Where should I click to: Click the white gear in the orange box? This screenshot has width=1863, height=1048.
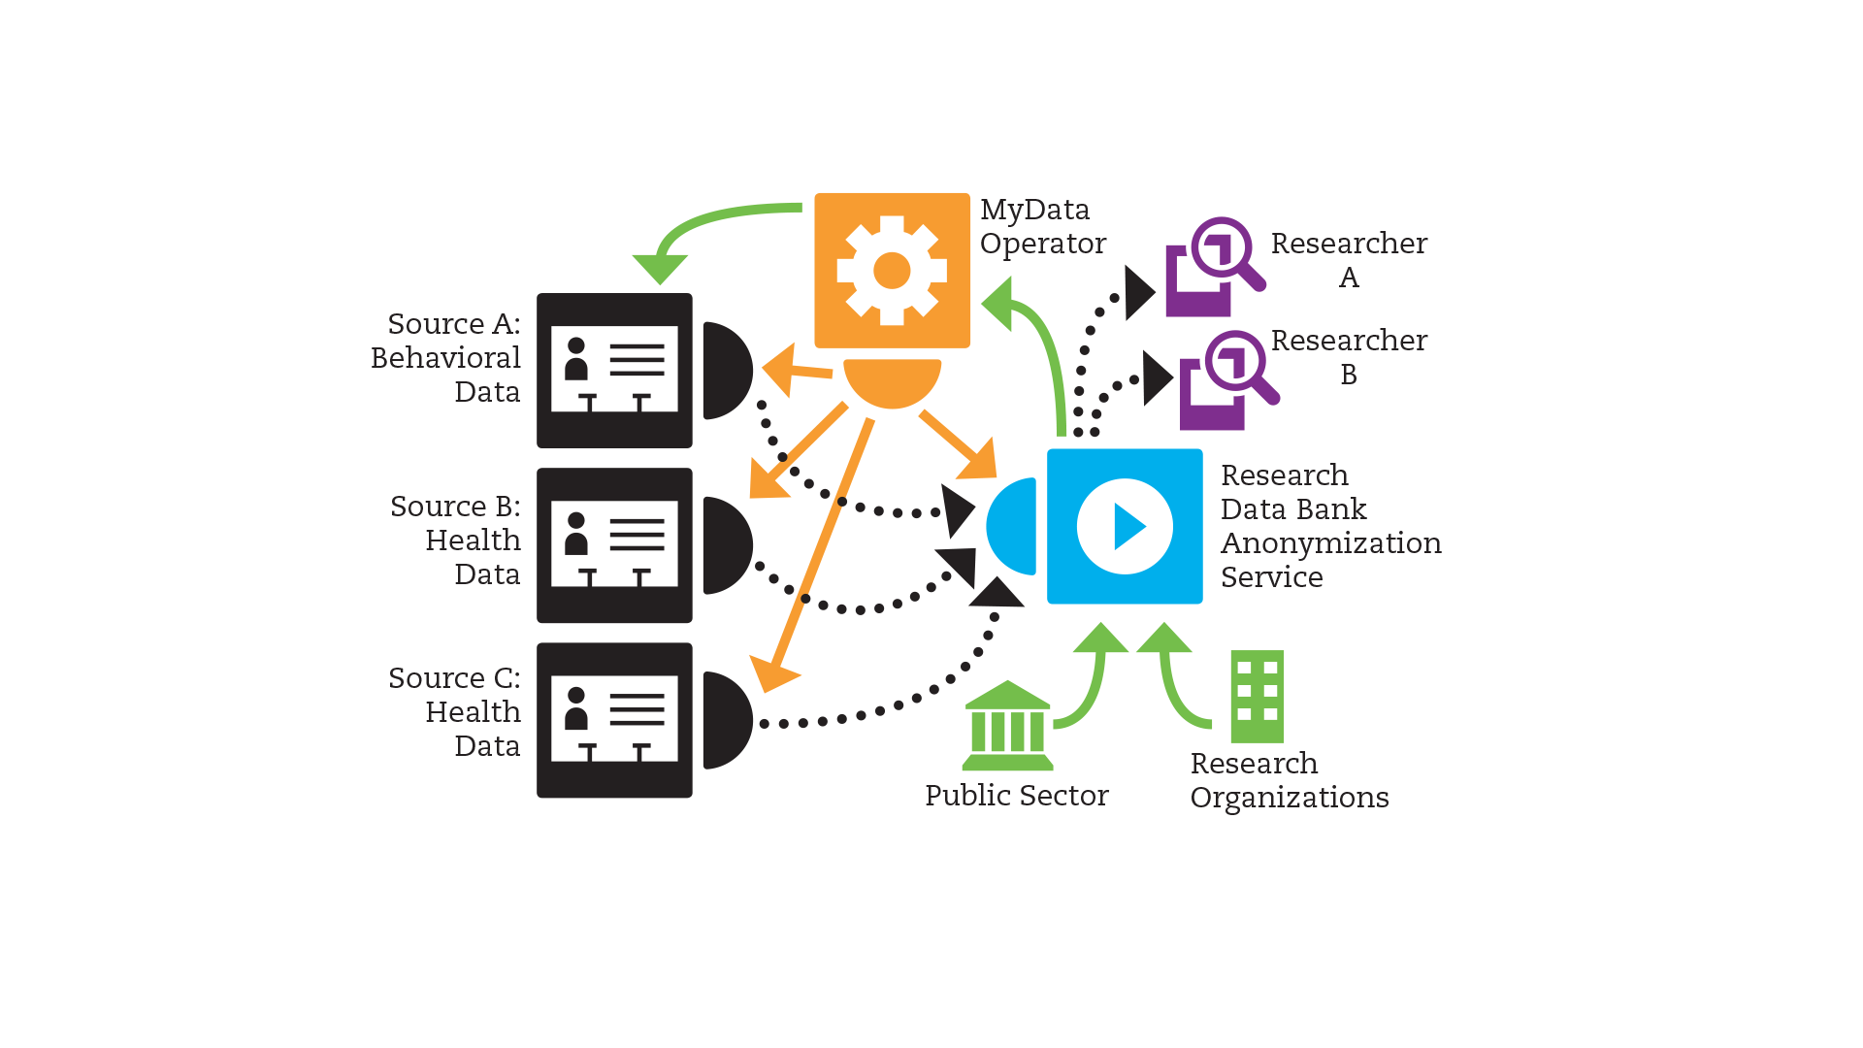click(x=892, y=271)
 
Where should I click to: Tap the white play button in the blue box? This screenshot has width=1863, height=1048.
click(x=1125, y=526)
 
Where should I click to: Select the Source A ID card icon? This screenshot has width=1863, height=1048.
click(x=614, y=370)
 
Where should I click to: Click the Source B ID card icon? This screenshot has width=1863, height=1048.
click(x=614, y=545)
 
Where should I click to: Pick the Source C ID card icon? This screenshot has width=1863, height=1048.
click(x=614, y=720)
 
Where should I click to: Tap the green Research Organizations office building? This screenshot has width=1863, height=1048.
click(x=1257, y=696)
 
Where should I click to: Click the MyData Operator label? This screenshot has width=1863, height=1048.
click(x=1042, y=226)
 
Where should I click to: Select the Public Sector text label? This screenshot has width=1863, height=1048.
click(x=1016, y=796)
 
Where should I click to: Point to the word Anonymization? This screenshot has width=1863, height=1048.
click(x=1330, y=543)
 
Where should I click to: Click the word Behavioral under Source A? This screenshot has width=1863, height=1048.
click(x=446, y=358)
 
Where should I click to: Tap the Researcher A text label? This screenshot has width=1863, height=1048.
click(x=1349, y=259)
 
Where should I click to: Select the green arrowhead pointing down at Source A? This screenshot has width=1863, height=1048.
click(x=660, y=267)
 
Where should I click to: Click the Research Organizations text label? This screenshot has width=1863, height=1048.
click(x=1289, y=780)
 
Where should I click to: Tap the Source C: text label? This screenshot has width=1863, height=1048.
click(x=454, y=678)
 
